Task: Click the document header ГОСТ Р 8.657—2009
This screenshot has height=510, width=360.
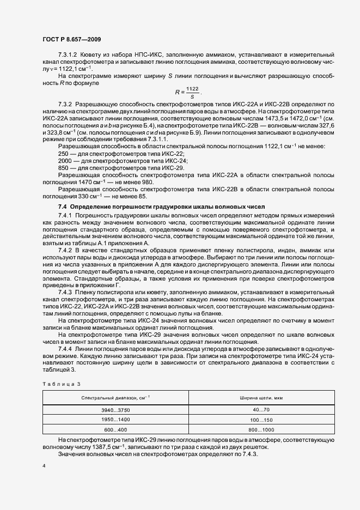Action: point(71,39)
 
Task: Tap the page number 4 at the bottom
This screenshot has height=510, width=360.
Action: point(43,466)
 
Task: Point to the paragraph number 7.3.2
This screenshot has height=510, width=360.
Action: point(66,104)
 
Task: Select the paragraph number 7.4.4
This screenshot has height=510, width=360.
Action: point(66,348)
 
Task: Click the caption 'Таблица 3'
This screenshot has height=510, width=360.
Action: point(57,384)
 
